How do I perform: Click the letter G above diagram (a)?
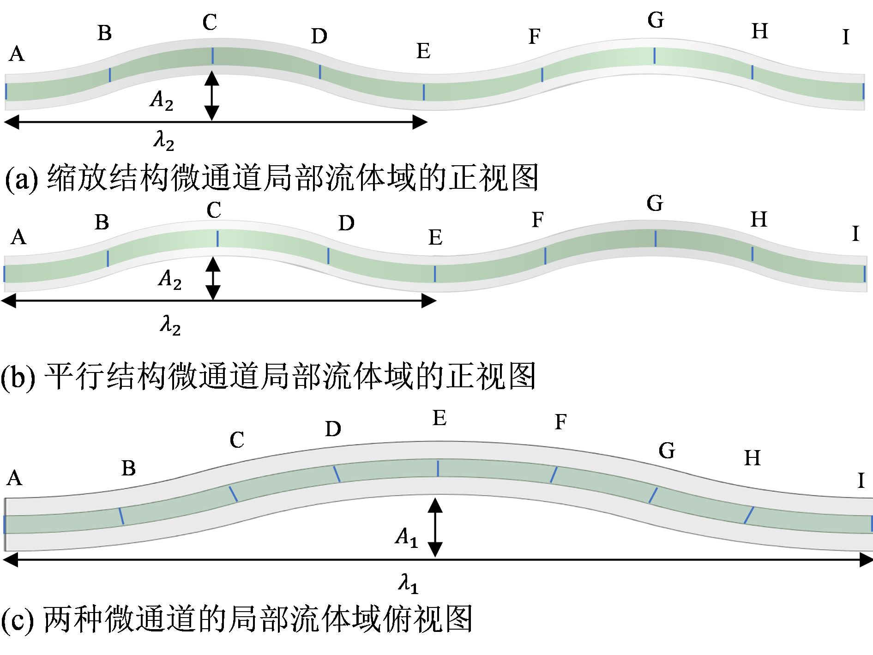[656, 20]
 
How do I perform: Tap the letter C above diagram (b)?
[214, 210]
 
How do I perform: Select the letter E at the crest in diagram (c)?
[440, 419]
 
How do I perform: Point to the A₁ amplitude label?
[406, 537]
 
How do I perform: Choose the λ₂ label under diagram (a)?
[164, 141]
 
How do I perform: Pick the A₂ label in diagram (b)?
[169, 279]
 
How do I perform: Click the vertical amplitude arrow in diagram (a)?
[212, 96]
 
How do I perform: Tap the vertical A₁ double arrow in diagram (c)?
[435, 527]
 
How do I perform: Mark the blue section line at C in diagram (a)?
[212, 55]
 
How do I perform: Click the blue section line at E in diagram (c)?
[438, 468]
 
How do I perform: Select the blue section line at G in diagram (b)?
[655, 238]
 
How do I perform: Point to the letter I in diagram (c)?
[861, 481]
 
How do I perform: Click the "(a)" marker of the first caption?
[21, 179]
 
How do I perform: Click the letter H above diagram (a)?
[760, 31]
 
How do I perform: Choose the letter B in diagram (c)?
[128, 469]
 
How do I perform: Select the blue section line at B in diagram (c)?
[121, 516]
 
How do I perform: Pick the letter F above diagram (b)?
[537, 220]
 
